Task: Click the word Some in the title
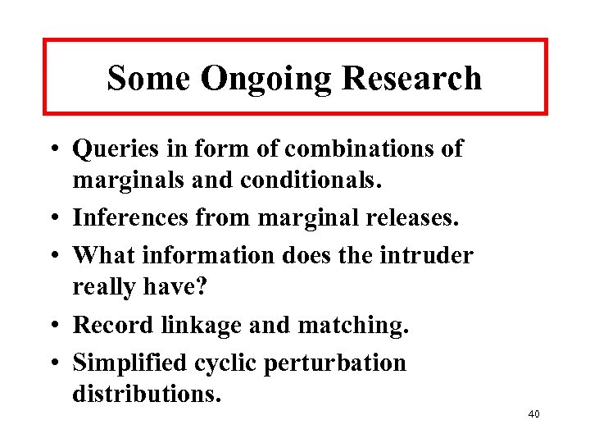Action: point(149,78)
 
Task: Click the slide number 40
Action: point(533,414)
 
